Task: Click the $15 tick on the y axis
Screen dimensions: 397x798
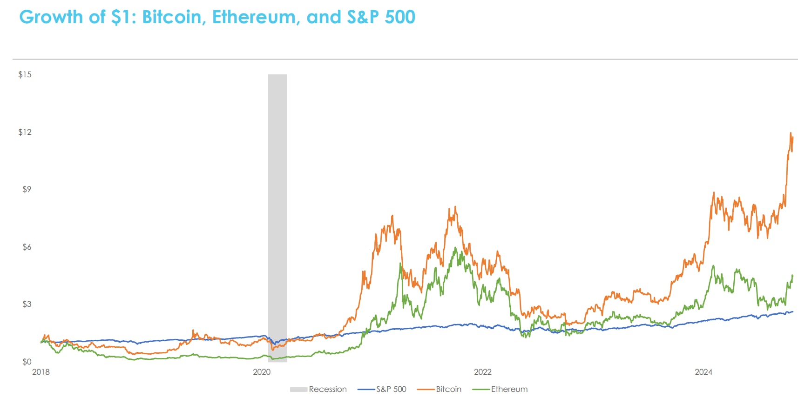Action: click(25, 74)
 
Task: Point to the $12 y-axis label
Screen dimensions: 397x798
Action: click(25, 132)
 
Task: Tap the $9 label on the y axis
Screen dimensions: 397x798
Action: click(27, 189)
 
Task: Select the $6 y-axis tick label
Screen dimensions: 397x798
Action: click(27, 247)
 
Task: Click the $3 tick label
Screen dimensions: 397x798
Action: click(27, 304)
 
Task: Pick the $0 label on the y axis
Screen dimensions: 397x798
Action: click(27, 362)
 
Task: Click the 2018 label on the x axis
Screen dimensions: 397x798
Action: click(41, 372)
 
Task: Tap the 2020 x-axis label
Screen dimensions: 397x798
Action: click(262, 372)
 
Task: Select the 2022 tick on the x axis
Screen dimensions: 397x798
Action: click(483, 372)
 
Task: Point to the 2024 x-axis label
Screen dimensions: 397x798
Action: click(703, 372)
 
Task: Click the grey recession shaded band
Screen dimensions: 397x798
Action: click(277, 209)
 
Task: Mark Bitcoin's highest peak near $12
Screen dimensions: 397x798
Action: click(791, 133)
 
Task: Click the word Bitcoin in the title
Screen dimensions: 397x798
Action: click(171, 17)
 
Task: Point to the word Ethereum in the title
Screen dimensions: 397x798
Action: click(254, 17)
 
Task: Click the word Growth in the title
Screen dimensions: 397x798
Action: click(51, 17)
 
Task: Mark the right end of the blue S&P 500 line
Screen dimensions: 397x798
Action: click(792, 311)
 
